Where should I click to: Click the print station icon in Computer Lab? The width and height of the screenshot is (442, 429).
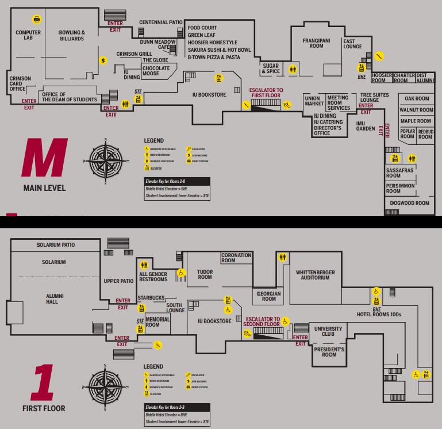point(37,19)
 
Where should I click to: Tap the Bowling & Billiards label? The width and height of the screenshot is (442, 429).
point(72,36)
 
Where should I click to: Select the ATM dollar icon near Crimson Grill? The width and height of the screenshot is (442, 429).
point(103,60)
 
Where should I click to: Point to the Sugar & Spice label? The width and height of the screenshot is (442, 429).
point(271,69)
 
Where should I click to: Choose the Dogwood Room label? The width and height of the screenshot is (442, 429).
point(409,203)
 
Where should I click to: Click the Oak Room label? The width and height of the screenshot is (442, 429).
point(417,99)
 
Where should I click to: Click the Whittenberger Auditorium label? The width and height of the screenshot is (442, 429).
point(316,275)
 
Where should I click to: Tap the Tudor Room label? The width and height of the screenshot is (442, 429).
point(205,274)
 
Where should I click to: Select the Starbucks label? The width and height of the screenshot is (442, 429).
point(151,298)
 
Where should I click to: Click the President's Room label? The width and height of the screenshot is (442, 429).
point(329,352)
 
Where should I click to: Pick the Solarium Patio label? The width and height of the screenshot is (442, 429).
point(55,245)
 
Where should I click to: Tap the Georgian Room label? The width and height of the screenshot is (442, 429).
point(269,296)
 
